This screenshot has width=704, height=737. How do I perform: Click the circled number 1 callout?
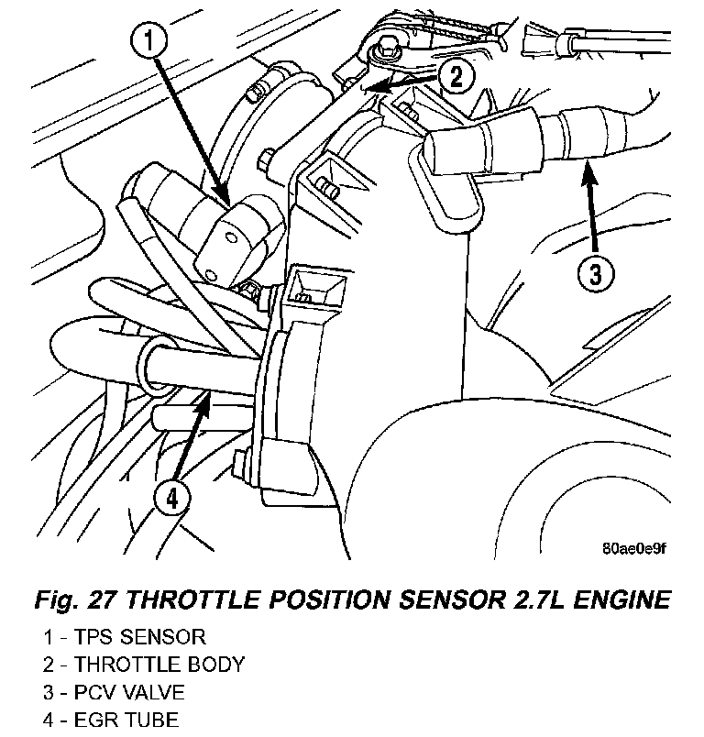(x=149, y=40)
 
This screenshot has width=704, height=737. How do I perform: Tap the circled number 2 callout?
(x=456, y=77)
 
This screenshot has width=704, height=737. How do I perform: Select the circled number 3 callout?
(x=596, y=274)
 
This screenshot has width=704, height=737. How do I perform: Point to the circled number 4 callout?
(x=172, y=499)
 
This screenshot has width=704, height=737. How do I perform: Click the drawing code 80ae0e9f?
(x=634, y=548)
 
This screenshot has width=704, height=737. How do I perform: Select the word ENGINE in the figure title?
(x=621, y=599)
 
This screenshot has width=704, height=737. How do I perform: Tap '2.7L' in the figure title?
(x=540, y=599)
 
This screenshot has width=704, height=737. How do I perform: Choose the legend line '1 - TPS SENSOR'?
(x=125, y=637)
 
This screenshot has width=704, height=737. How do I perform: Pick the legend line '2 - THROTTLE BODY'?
(x=144, y=665)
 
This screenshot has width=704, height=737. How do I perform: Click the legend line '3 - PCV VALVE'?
(x=115, y=692)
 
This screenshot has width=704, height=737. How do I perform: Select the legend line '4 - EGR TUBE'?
(x=111, y=720)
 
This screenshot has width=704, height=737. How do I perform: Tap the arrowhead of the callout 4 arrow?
(x=207, y=394)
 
